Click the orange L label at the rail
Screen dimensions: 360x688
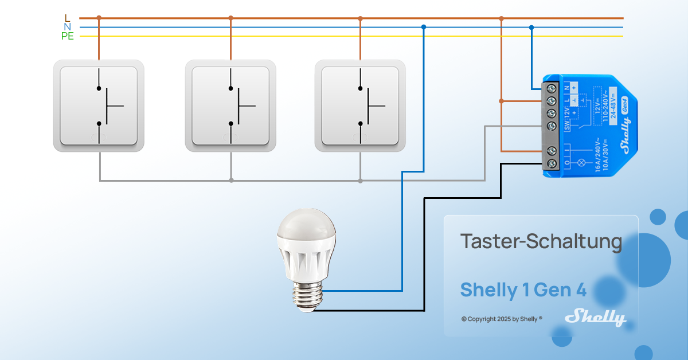(68, 18)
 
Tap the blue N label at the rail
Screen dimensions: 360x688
(68, 27)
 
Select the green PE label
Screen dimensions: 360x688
(68, 36)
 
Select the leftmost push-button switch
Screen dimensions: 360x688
(99, 106)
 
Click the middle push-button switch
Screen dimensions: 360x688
(230, 106)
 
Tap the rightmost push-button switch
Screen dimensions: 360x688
(360, 106)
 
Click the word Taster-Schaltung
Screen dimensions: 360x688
(541, 242)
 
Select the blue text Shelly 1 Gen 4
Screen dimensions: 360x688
(523, 289)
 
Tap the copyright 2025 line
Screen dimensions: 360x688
(502, 319)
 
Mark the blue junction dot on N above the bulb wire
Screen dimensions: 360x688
(423, 27)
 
